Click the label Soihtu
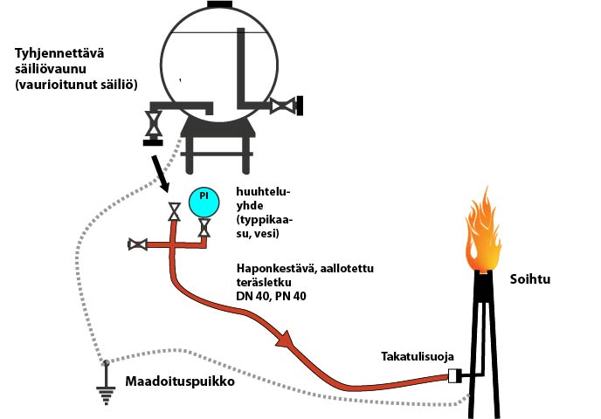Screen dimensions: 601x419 click(529, 279)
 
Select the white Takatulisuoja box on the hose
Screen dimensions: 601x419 click(454, 375)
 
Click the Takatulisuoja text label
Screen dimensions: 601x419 click(418, 356)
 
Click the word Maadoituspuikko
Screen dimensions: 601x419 click(180, 381)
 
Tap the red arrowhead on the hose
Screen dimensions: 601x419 click(286, 339)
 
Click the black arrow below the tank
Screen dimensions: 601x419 click(160, 174)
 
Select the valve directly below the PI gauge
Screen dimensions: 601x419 click(204, 228)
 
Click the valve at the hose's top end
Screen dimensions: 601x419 click(175, 212)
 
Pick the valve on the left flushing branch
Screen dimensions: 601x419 click(138, 244)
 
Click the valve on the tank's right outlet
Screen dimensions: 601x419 click(283, 106)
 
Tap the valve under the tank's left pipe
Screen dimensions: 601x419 click(154, 124)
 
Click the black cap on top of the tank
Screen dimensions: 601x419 click(219, 4)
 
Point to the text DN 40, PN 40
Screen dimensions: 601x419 click(271, 296)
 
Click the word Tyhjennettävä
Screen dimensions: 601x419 click(59, 53)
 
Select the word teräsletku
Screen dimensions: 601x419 click(264, 282)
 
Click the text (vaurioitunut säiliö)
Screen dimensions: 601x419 click(76, 85)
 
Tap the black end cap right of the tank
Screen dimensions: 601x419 click(300, 106)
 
